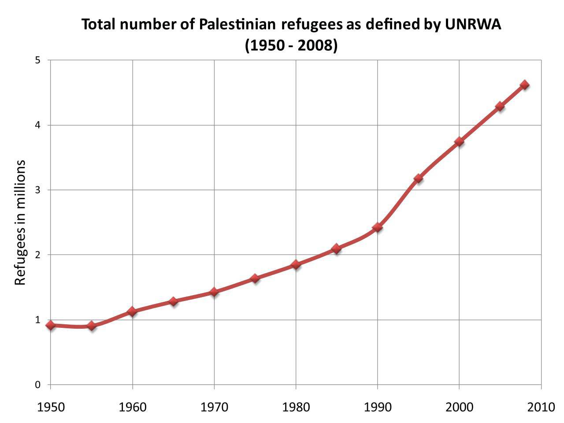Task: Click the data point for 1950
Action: point(51,325)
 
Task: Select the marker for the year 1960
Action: point(132,312)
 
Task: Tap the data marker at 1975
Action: point(255,278)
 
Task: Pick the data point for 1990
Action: point(377,227)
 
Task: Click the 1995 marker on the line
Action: point(418,178)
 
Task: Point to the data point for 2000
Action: point(459,141)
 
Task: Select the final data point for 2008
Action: point(524,85)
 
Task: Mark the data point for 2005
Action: point(500,106)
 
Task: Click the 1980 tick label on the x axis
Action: point(296,406)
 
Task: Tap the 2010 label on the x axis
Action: point(541,406)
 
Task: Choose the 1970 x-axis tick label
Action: point(214,406)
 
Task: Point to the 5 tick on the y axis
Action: point(37,60)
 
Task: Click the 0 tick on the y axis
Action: point(37,385)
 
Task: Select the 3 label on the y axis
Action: point(37,190)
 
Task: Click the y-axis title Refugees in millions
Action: point(20,223)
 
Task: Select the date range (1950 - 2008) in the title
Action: point(291,45)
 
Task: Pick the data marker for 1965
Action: point(173,301)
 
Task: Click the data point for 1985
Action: point(337,249)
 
